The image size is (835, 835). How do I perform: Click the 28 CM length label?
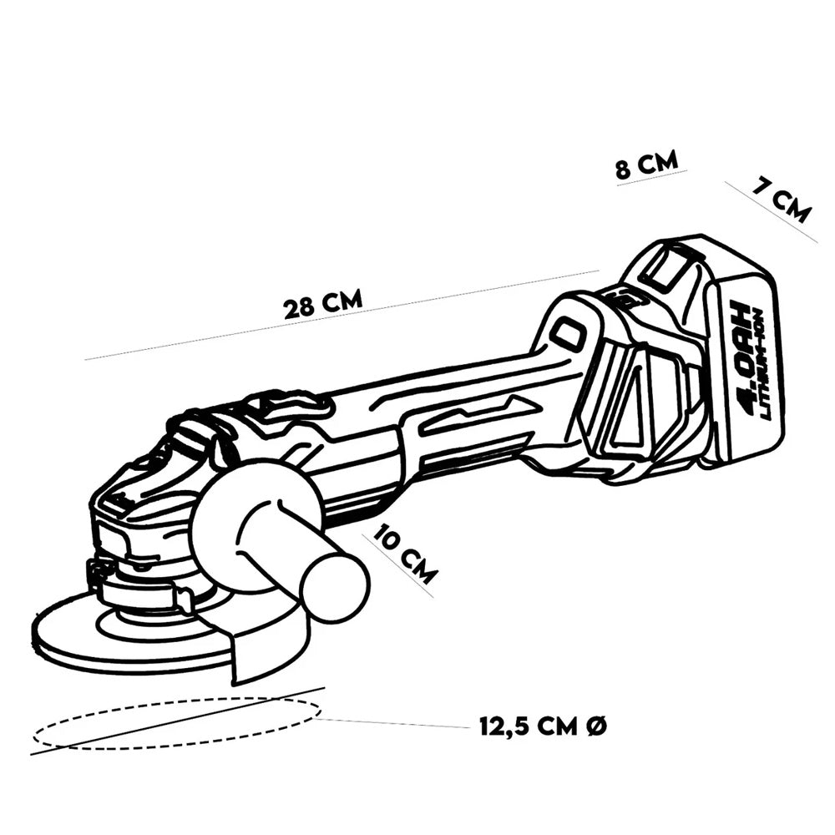click(x=323, y=303)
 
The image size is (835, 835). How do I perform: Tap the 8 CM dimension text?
click(x=646, y=164)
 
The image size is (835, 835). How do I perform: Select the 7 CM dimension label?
click(x=781, y=200)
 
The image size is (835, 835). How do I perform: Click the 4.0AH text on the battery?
click(x=748, y=352)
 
